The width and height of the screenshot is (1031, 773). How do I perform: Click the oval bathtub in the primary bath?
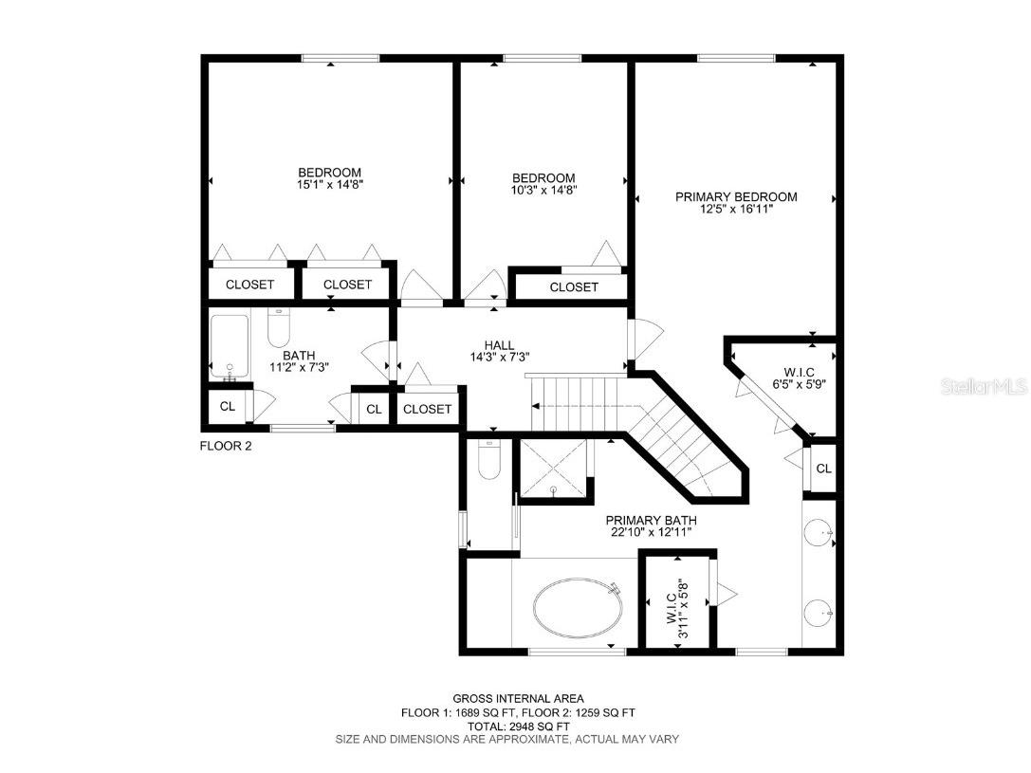click(579, 608)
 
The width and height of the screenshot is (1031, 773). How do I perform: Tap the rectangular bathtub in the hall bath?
click(229, 345)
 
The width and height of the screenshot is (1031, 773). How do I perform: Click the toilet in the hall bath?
click(279, 329)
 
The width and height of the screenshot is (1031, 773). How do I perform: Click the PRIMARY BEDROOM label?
click(736, 197)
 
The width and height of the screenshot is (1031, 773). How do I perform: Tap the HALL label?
click(499, 345)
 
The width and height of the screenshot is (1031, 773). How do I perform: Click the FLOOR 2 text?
click(226, 446)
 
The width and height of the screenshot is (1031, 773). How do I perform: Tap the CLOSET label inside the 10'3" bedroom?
click(574, 286)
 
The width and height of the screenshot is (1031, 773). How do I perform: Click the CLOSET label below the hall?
click(428, 409)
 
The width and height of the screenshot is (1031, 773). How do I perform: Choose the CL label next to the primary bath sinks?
click(823, 469)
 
